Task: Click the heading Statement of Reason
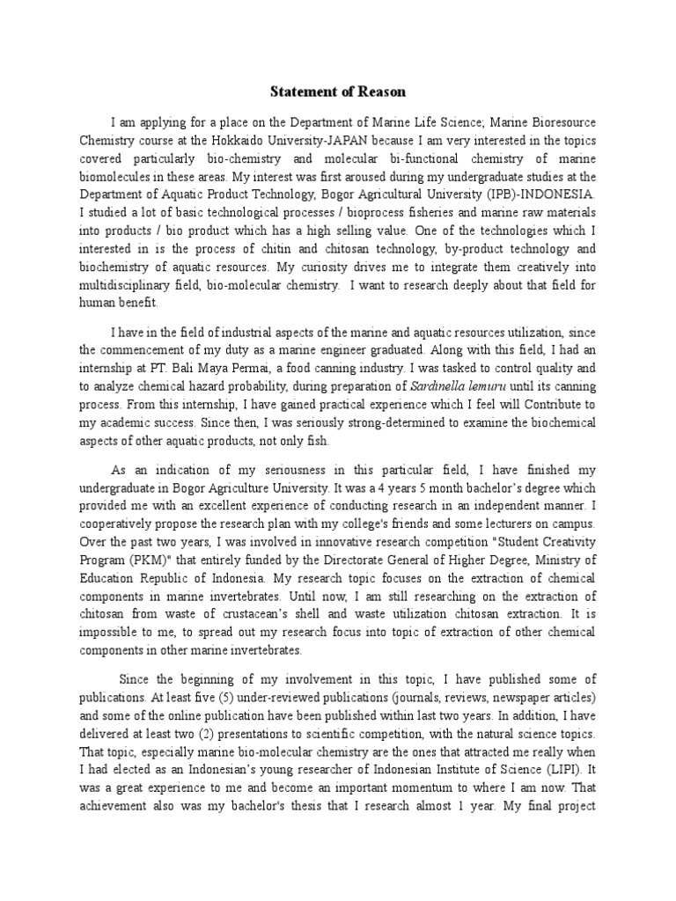[338, 92]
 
